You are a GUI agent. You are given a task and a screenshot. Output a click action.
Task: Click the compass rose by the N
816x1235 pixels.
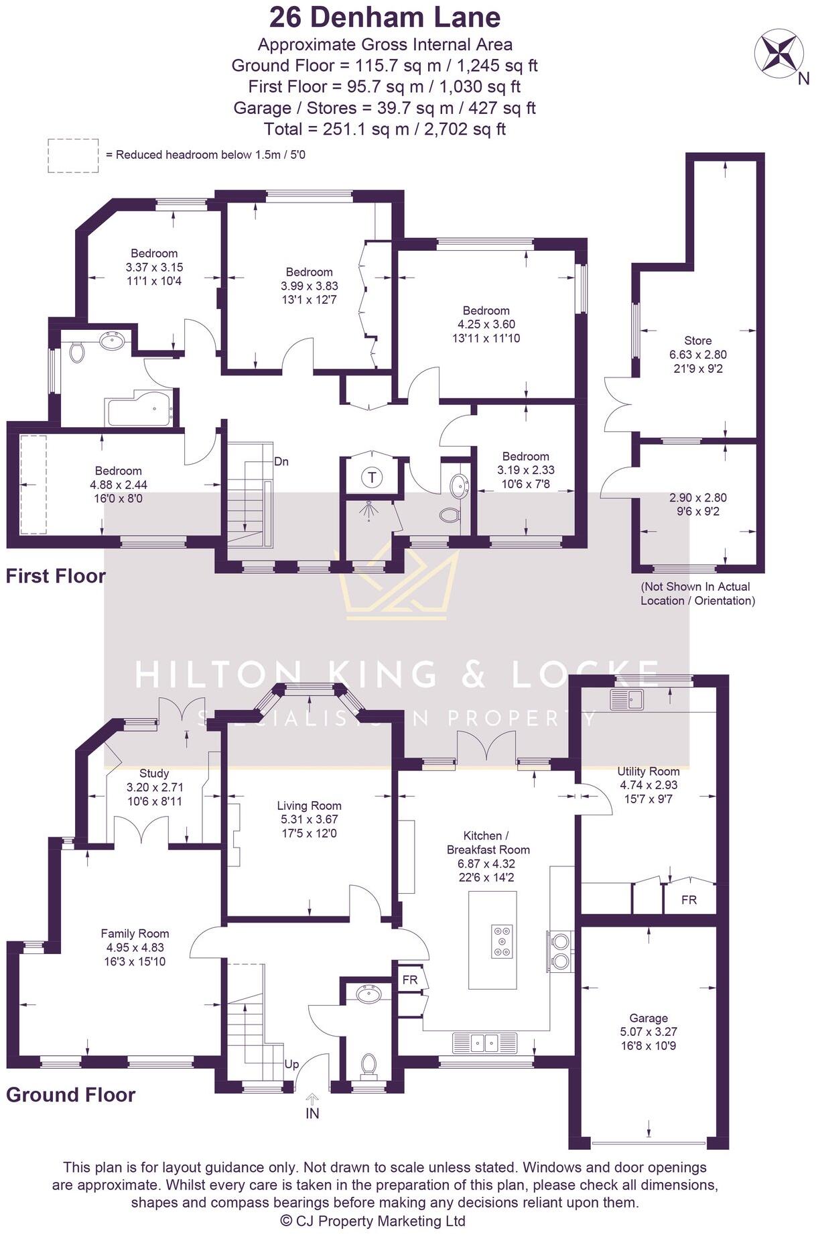(x=779, y=53)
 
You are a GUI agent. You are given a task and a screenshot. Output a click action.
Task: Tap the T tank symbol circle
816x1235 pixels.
(x=372, y=478)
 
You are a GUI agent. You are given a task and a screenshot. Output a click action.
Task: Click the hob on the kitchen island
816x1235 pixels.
(x=502, y=941)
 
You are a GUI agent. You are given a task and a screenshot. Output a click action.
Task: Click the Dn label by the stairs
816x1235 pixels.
(x=281, y=462)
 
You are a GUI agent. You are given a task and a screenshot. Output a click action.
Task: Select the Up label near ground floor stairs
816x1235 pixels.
(x=292, y=1064)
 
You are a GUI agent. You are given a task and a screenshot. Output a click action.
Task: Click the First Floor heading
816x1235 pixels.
(x=56, y=577)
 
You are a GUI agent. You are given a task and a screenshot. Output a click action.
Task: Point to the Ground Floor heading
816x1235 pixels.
(x=70, y=1095)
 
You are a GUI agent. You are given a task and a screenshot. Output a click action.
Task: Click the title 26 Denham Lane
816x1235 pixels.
(x=385, y=17)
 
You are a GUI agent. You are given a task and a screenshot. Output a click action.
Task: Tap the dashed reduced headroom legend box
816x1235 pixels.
(x=73, y=156)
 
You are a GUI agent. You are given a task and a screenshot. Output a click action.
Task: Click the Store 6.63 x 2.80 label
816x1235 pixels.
(x=697, y=354)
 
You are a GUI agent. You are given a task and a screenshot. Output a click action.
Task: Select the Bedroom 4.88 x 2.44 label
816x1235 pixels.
(x=118, y=484)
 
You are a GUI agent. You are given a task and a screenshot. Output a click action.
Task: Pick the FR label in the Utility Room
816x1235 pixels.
(x=689, y=900)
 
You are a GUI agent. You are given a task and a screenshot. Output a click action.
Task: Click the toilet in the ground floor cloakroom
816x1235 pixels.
(x=369, y=1064)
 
